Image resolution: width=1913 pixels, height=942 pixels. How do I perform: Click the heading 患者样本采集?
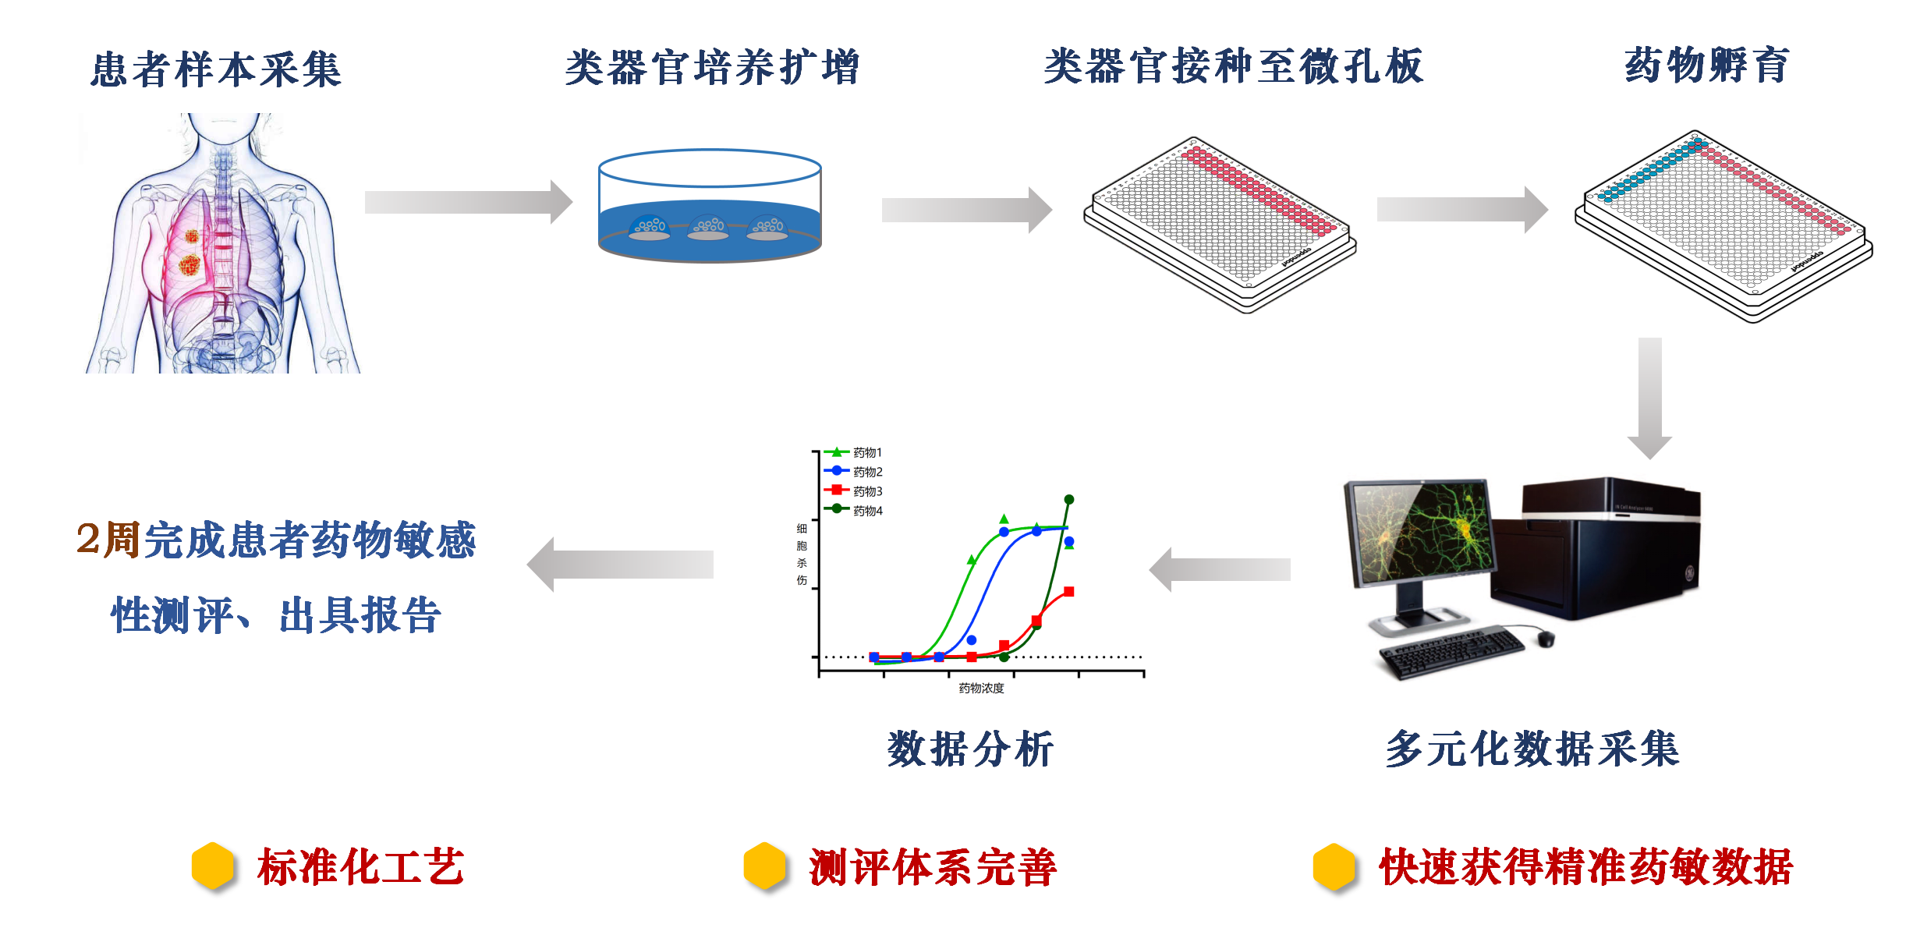pos(216,69)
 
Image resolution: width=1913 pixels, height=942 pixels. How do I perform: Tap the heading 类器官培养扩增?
pos(712,67)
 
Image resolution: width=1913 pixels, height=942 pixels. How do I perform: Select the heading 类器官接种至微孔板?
pos(1234,66)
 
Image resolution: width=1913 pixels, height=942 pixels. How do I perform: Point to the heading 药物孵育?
pos(1707,64)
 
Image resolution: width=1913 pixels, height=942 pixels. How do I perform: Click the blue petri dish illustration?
pos(710,207)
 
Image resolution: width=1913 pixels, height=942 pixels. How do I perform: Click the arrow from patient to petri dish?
pos(468,202)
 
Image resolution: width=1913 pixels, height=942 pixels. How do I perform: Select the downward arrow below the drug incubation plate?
pos(1649,398)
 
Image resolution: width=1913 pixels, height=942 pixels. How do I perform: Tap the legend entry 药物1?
pos(866,452)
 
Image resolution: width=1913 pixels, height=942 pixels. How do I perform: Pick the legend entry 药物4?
pos(866,511)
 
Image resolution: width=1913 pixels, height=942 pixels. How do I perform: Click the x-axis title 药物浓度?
pos(981,688)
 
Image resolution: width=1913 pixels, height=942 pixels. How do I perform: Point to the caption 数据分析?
pos(970,749)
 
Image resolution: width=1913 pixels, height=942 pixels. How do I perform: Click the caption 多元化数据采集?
pos(1532,749)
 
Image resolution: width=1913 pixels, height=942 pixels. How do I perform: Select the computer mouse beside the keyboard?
pos(1546,639)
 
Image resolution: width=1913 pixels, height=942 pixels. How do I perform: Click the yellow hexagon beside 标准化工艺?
pos(213,866)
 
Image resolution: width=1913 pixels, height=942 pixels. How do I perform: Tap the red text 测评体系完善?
pos(933,867)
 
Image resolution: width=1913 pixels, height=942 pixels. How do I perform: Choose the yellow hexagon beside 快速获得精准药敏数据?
pos(1334,866)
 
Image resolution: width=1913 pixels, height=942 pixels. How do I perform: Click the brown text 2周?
pos(108,539)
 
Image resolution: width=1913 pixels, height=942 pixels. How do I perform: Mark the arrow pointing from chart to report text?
pos(620,565)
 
